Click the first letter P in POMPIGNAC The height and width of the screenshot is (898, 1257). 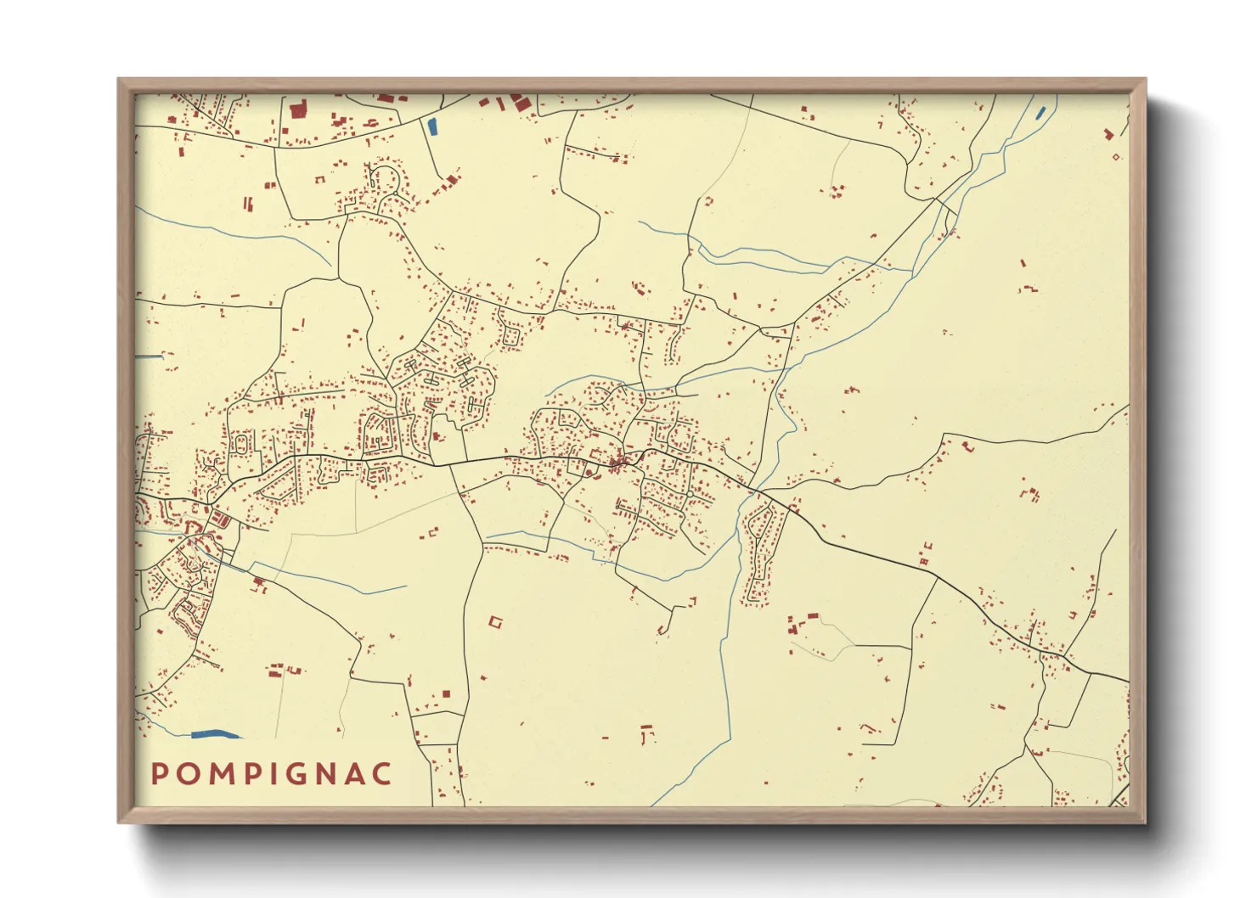click(159, 773)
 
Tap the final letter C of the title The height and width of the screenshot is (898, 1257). click(385, 773)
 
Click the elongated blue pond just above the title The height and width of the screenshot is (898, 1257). click(216, 733)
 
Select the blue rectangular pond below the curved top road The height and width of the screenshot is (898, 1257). click(432, 127)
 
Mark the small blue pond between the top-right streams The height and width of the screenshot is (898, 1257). click(1040, 112)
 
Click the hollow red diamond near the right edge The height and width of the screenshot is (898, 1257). click(1116, 156)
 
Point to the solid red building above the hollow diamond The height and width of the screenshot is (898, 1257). click(1108, 134)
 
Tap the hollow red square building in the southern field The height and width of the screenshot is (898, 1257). click(495, 622)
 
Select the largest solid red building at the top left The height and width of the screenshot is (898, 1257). click(297, 110)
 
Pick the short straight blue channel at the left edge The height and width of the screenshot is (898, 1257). click(149, 356)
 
